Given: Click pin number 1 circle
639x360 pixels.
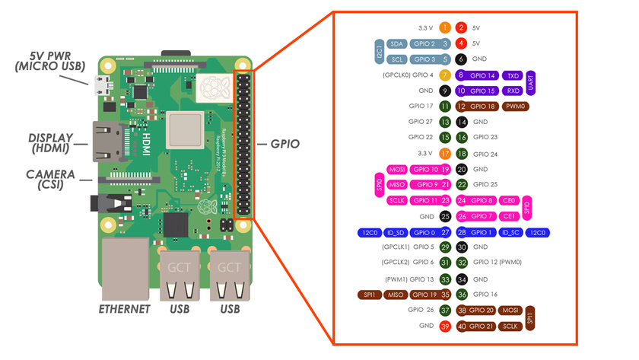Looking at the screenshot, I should tap(445, 27).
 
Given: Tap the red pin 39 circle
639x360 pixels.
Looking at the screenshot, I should tap(445, 326).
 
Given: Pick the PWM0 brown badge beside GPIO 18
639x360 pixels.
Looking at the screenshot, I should tap(515, 107).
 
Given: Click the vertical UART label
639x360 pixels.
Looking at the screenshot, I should tap(531, 83).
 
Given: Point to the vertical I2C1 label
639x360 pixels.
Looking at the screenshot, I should tap(380, 52).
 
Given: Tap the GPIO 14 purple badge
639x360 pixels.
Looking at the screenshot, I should tap(483, 75).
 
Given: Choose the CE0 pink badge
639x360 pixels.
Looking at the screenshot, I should tap(510, 200).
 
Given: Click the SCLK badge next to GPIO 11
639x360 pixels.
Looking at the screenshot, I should tap(396, 200).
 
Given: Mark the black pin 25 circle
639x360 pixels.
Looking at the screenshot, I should tap(445, 216).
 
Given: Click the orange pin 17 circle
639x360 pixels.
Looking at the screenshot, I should tap(445, 154).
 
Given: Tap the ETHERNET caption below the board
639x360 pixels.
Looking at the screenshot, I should tap(125, 310).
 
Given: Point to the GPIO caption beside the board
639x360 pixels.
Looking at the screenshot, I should tap(281, 142).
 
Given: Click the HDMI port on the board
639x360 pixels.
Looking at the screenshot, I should tap(107, 142).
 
